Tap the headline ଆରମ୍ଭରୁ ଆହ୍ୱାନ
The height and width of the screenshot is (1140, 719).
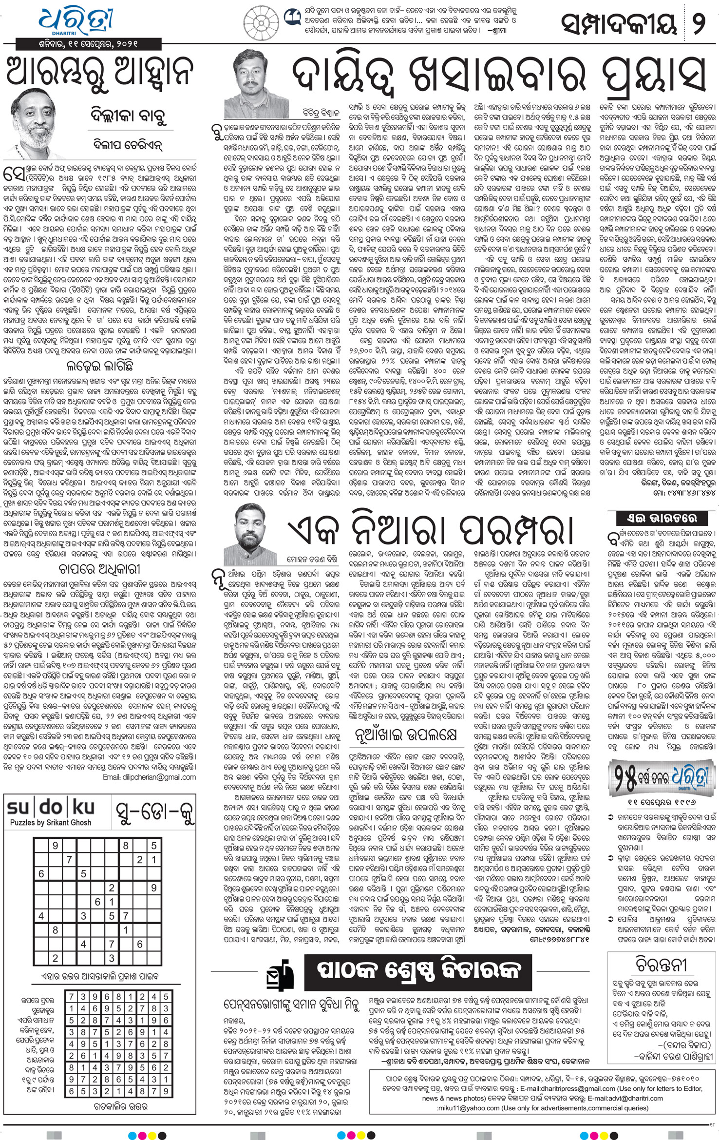(99, 71)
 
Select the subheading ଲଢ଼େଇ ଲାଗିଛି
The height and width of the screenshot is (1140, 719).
(99, 365)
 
